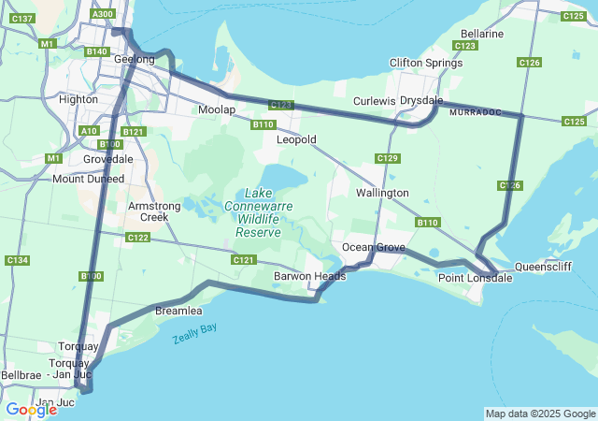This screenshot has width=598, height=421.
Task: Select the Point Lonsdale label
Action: (x=475, y=278)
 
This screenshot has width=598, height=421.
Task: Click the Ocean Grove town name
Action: (x=373, y=247)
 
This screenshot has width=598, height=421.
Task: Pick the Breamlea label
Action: (x=178, y=310)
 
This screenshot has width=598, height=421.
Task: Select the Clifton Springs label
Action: (x=425, y=63)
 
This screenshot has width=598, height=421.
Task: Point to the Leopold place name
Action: (x=296, y=139)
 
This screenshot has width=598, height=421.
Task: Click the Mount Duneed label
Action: (x=82, y=179)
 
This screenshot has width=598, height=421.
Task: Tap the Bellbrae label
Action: (x=21, y=374)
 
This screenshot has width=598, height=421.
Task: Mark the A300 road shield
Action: (x=103, y=14)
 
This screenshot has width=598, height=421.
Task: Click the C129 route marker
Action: (x=388, y=158)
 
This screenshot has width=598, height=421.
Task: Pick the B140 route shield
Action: (x=96, y=51)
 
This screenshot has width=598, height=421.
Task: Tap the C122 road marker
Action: (x=138, y=238)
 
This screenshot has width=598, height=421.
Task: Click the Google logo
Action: (x=31, y=410)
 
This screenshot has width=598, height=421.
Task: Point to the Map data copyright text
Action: (x=539, y=414)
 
